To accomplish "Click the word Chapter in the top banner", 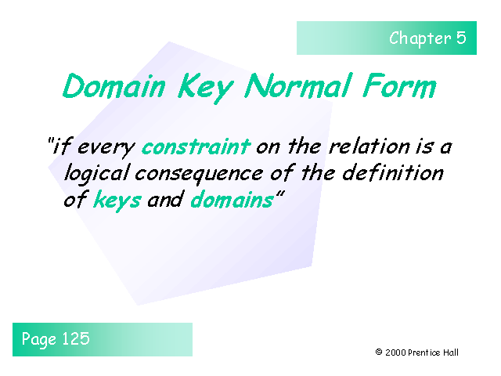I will (420, 38).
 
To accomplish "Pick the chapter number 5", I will (461, 38).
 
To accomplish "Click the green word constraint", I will (196, 146).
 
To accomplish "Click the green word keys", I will (117, 200).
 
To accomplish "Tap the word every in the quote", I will (106, 147).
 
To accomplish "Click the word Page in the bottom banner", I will (39, 339).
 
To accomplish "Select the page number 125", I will (75, 338).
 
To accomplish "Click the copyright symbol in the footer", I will (379, 353).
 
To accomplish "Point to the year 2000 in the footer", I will (395, 353).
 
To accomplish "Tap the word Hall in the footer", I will (451, 353).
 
